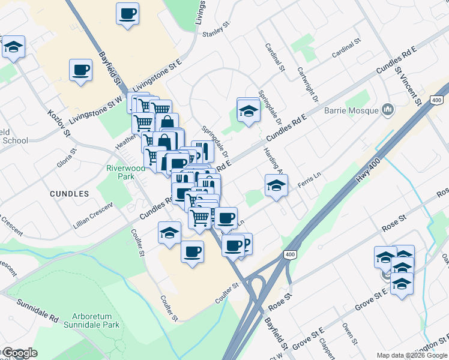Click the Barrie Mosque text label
pyautogui.click(x=351, y=110)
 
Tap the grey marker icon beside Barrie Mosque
pyautogui.click(x=387, y=110)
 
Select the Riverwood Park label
pyautogui.click(x=126, y=173)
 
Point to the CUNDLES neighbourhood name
pyautogui.click(x=70, y=194)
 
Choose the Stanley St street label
pyautogui.click(x=217, y=30)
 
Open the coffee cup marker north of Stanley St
pyautogui.click(x=127, y=14)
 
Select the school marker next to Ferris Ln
pyautogui.click(x=276, y=185)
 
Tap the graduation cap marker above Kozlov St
pyautogui.click(x=13, y=47)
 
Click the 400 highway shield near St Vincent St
pyautogui.click(x=436, y=100)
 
